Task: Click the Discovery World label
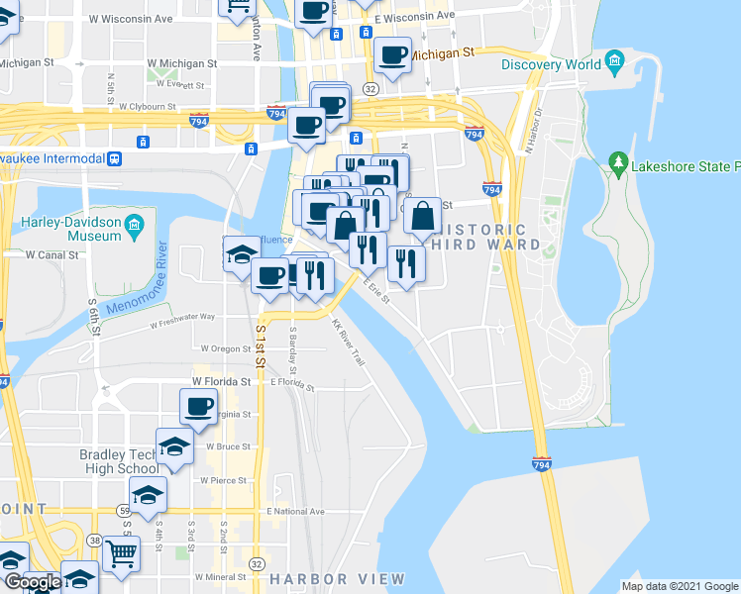pos(551,65)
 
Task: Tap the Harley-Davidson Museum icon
pos(133,230)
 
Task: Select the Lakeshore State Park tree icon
pos(618,161)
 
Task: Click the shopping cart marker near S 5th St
pos(121,553)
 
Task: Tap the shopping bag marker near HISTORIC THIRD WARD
pos(422,215)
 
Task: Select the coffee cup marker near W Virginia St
pos(198,405)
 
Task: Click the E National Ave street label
pos(295,511)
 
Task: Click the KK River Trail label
pos(348,343)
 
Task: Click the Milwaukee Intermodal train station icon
pos(115,158)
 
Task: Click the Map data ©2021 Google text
pos(679,585)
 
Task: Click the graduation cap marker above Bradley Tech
pos(174,445)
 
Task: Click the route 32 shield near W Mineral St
pos(257,562)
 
